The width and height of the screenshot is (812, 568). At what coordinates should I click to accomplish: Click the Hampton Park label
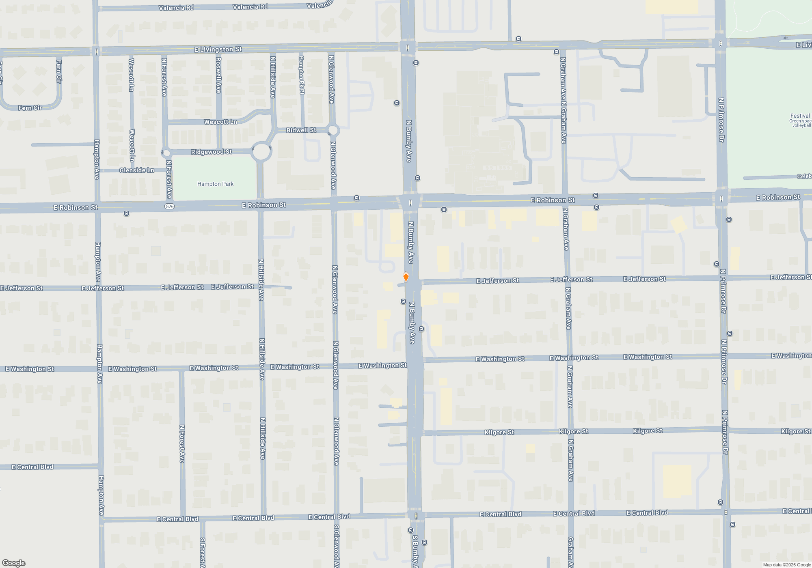click(215, 184)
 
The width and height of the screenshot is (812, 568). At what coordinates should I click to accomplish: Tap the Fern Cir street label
click(30, 108)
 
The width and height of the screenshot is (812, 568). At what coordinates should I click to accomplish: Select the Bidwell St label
click(301, 130)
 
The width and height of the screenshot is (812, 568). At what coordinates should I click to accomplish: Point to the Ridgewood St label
click(212, 152)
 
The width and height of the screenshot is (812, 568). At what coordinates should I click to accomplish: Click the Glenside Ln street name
click(137, 170)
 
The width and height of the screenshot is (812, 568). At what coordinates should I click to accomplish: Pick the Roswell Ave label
click(218, 75)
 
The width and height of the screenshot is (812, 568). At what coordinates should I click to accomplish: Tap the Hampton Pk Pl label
click(302, 75)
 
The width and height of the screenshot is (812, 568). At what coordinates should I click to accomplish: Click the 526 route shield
click(170, 207)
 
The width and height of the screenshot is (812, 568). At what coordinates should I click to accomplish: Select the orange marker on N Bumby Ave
click(406, 277)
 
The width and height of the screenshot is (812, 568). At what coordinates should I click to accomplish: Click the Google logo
click(14, 563)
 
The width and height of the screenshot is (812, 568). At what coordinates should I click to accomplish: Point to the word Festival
click(800, 116)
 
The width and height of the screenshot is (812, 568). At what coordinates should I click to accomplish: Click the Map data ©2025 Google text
click(787, 565)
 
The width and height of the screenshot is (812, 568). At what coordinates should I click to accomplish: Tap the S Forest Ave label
click(202, 552)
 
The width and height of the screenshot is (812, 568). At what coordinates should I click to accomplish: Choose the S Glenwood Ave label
click(337, 546)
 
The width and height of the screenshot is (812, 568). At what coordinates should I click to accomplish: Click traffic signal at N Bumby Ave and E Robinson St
click(410, 202)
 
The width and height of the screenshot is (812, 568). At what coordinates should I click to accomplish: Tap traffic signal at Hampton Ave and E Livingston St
click(97, 52)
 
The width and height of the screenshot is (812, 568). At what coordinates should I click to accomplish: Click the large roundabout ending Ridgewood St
click(261, 152)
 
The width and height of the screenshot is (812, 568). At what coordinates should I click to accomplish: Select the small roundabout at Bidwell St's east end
click(333, 130)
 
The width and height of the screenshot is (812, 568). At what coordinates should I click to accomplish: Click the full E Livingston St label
click(218, 49)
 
